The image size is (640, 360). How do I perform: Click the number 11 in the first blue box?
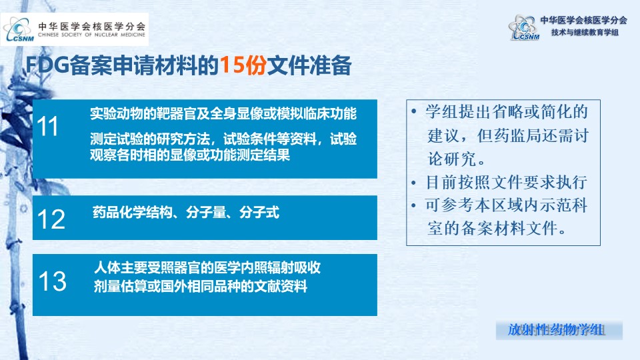pyautogui.click(x=48, y=126)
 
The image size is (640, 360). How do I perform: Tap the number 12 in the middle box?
pyautogui.click(x=51, y=219)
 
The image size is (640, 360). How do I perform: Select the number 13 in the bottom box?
pyautogui.click(x=52, y=281)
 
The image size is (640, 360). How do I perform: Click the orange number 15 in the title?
pyautogui.click(x=232, y=65)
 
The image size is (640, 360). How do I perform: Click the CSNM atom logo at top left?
pyautogui.click(x=18, y=29)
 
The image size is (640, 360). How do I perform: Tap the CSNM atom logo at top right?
pyautogui.click(x=524, y=27)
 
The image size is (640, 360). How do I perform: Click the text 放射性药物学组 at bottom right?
pyautogui.click(x=556, y=330)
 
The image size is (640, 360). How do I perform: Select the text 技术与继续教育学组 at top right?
pyautogui.click(x=585, y=32)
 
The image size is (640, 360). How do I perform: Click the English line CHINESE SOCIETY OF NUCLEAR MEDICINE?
pyautogui.click(x=91, y=35)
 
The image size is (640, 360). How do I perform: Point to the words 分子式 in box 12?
pyautogui.click(x=259, y=213)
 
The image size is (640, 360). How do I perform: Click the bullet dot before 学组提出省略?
pyautogui.click(x=414, y=111)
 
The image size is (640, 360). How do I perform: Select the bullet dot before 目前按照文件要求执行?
pyautogui.click(x=414, y=183)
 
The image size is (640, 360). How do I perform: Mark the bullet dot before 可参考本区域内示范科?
pyautogui.click(x=414, y=205)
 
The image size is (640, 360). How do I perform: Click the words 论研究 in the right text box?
pyautogui.click(x=452, y=159)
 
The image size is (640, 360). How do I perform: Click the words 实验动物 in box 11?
pyautogui.click(x=117, y=114)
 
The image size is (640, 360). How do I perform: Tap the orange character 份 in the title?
pyautogui.click(x=255, y=65)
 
